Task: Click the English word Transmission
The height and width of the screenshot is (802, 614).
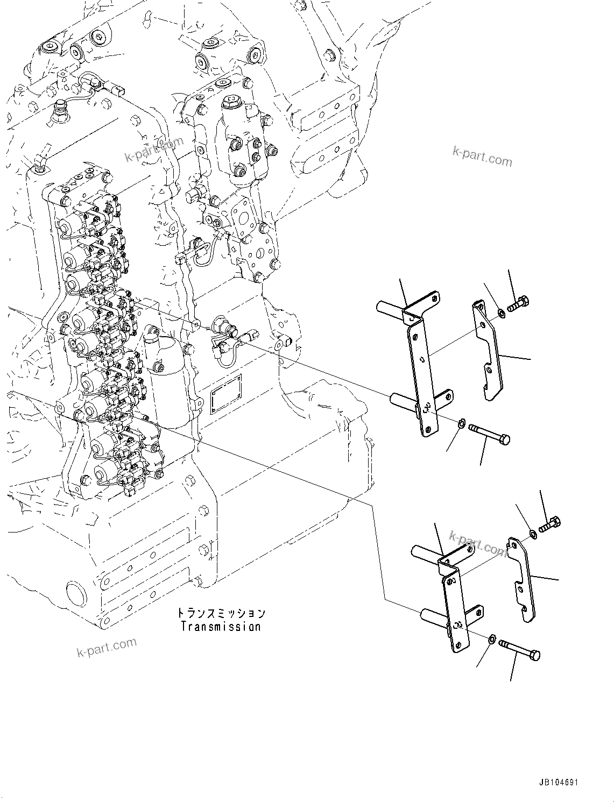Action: click(221, 627)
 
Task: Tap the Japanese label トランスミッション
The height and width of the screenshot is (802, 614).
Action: click(221, 613)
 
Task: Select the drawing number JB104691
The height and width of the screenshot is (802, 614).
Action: click(558, 783)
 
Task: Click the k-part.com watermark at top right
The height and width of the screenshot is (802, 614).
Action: click(482, 158)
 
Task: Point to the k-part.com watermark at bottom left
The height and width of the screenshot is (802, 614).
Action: click(107, 648)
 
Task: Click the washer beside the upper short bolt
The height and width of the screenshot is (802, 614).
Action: click(501, 312)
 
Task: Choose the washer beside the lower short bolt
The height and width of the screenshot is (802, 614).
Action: click(533, 534)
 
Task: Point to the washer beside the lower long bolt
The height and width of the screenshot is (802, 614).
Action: click(492, 639)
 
